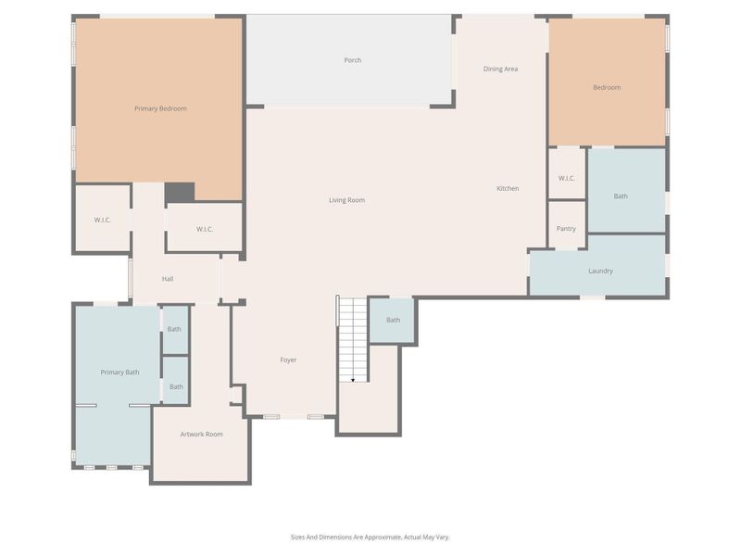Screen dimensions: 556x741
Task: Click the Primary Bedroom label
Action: [x=160, y=108]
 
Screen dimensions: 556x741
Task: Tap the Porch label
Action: [x=352, y=60]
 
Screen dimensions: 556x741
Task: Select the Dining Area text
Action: [x=500, y=69]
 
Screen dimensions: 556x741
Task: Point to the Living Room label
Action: [x=347, y=200]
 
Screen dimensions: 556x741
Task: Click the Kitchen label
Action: [x=508, y=188]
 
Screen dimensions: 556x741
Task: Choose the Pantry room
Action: [x=566, y=229]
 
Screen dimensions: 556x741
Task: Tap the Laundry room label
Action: [x=600, y=271]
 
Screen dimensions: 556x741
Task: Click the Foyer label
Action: [x=288, y=360]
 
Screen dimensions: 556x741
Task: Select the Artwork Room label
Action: [x=201, y=434]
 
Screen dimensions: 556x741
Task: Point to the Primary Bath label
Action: [x=119, y=372]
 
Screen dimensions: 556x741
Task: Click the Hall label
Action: [x=168, y=279]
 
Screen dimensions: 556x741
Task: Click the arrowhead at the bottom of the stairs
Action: [x=352, y=379]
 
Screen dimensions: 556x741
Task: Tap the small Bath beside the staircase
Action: [x=393, y=320]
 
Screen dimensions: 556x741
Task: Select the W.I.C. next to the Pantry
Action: [x=567, y=178]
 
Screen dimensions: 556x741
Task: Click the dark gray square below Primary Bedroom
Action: [x=180, y=192]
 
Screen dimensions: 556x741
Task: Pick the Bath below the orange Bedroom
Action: [x=621, y=196]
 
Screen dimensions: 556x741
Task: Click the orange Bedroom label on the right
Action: [x=607, y=87]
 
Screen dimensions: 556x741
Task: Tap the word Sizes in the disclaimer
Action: [x=299, y=537]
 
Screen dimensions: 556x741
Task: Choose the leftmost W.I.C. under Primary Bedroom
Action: [x=102, y=220]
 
